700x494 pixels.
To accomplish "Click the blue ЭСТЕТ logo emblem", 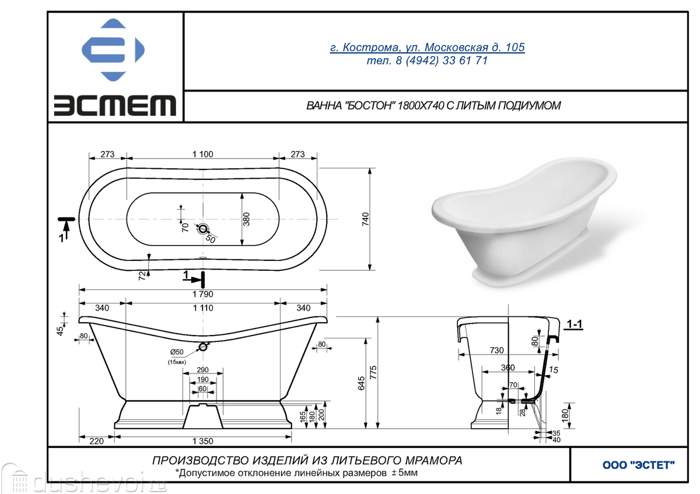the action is pyautogui.click(x=113, y=50).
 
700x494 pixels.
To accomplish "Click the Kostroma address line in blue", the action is pyautogui.click(x=427, y=47).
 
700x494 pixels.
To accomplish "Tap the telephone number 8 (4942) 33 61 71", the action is pyautogui.click(x=442, y=61).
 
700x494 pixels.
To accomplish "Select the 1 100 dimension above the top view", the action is pyautogui.click(x=203, y=154).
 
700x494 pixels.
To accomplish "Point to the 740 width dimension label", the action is pyautogui.click(x=365, y=219).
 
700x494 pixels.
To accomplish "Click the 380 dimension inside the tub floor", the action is pyautogui.click(x=247, y=219).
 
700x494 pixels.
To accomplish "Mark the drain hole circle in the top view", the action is pyautogui.click(x=203, y=230).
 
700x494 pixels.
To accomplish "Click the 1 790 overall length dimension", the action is pyautogui.click(x=203, y=294).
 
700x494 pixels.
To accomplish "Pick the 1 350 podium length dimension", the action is pyautogui.click(x=203, y=441).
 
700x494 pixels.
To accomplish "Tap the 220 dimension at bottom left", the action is pyautogui.click(x=96, y=441).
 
